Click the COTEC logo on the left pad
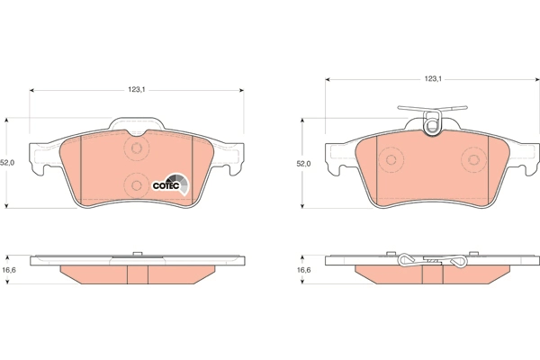pos(171,184)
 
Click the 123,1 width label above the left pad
pos(137,90)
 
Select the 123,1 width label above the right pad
pos(433,79)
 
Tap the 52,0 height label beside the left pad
pos(7,163)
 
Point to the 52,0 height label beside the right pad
pos(303,164)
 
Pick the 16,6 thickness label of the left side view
pos(9,270)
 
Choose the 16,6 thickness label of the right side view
pos(304,270)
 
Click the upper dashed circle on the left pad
pos(137,148)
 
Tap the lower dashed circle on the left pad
pos(137,185)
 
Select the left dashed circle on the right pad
pos(391,160)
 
